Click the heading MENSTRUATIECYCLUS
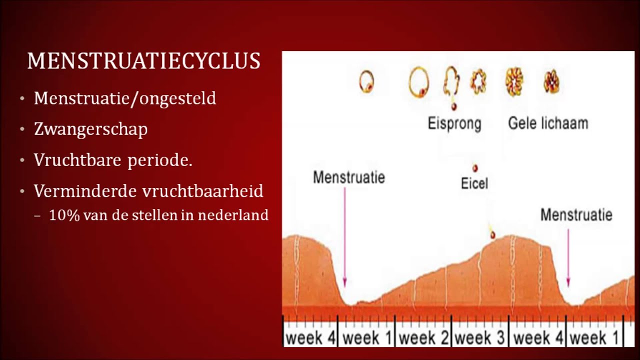click(x=143, y=61)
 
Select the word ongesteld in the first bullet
click(x=178, y=98)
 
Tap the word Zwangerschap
click(x=91, y=129)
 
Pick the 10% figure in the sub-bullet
click(x=62, y=215)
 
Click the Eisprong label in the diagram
click(x=454, y=123)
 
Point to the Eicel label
click(x=474, y=183)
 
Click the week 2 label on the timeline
click(x=423, y=337)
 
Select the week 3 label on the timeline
click(x=480, y=337)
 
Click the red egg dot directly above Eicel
click(x=474, y=168)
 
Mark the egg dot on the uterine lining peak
click(x=492, y=235)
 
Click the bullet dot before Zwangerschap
click(x=22, y=130)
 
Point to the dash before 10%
click(x=38, y=216)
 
